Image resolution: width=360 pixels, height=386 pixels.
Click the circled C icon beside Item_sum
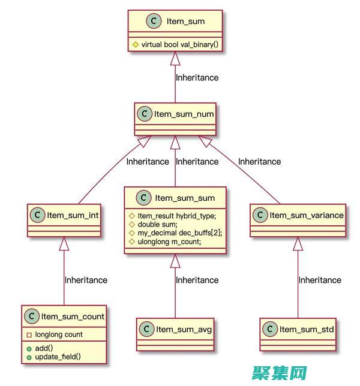(x=154, y=21)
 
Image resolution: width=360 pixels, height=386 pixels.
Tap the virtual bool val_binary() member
(x=178, y=44)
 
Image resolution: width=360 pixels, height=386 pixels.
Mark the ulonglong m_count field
(x=169, y=242)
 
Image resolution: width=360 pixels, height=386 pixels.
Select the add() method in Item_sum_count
(x=45, y=348)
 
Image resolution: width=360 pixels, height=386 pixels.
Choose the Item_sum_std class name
(x=307, y=329)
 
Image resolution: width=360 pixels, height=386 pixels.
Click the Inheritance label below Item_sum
(x=197, y=77)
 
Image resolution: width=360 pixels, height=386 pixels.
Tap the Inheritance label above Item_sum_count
(x=86, y=280)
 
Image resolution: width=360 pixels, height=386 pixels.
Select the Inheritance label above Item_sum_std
(x=320, y=280)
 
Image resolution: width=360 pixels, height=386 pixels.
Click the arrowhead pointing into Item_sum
(x=175, y=58)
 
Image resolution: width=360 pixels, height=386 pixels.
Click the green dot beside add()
(x=29, y=348)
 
